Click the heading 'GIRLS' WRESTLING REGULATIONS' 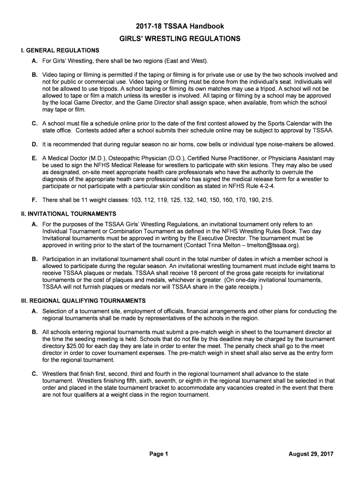[180, 39]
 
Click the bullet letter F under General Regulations [34, 200]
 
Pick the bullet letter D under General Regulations [35, 144]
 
